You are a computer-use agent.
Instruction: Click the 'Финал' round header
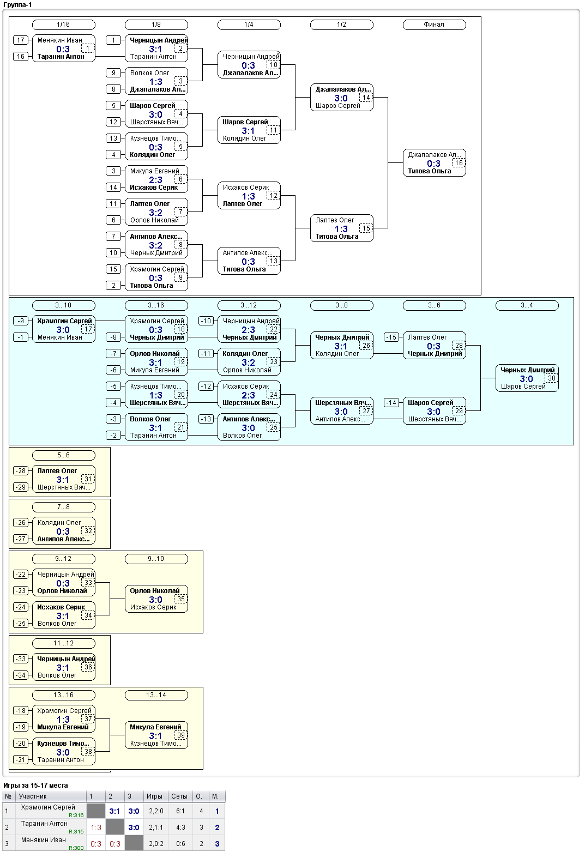click(434, 25)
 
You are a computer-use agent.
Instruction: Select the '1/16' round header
click(64, 25)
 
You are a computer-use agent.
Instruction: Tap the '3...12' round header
click(249, 305)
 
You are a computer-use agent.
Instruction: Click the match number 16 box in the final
click(459, 163)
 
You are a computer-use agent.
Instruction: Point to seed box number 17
click(21, 40)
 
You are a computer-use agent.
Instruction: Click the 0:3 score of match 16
click(433, 164)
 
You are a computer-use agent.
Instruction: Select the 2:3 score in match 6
click(155, 180)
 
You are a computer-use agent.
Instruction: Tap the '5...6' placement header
click(64, 455)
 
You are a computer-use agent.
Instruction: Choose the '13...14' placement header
click(156, 695)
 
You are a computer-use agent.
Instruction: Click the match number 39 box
click(181, 735)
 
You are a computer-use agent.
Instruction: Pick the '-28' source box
click(21, 471)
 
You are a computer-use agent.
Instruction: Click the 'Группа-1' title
click(17, 5)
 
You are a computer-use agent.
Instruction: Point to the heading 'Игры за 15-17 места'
click(35, 785)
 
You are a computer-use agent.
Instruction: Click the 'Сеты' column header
click(179, 796)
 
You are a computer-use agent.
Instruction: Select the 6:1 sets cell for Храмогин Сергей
click(180, 811)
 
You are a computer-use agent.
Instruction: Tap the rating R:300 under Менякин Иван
click(76, 848)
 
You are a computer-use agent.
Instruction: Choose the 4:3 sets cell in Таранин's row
click(180, 827)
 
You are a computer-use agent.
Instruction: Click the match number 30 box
click(552, 378)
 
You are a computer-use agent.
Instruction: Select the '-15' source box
click(391, 337)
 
